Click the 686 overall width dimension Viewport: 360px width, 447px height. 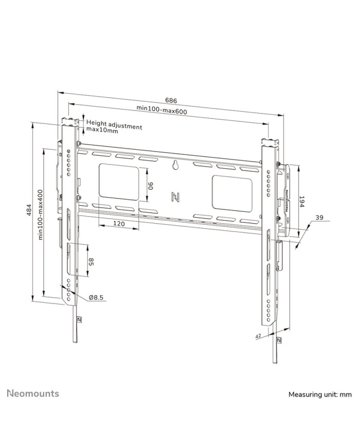click(x=172, y=100)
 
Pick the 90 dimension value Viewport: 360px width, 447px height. click(x=150, y=185)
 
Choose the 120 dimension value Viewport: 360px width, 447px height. click(x=119, y=224)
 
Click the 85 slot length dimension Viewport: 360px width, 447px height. click(x=91, y=262)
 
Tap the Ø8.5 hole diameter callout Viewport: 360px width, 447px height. click(x=96, y=297)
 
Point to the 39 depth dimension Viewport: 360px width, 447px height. click(x=319, y=218)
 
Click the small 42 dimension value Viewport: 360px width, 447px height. click(x=258, y=335)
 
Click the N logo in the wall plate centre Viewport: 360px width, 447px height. click(x=175, y=196)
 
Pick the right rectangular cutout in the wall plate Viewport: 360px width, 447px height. click(x=231, y=192)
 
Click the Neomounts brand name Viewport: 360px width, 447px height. click(x=32, y=394)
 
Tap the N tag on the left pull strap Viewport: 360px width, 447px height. click(x=79, y=319)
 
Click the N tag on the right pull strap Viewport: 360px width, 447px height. click(x=278, y=341)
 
